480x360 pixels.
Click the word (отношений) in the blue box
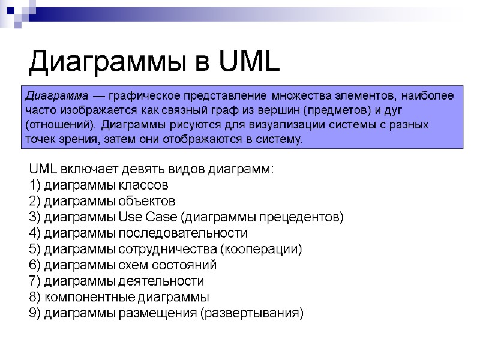[x=60, y=125]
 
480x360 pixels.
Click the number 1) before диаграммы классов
[x=35, y=184]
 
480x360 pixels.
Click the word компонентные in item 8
[x=89, y=297]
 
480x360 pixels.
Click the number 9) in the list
[x=35, y=313]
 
